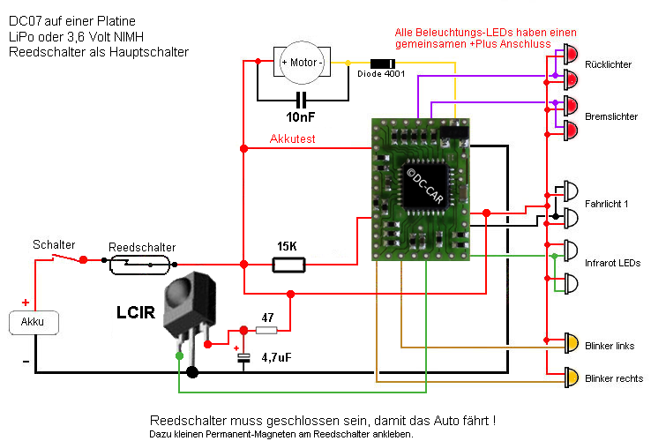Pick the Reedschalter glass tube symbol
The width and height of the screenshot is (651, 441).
click(142, 263)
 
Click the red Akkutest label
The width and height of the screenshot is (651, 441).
click(293, 139)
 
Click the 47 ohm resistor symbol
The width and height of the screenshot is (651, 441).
click(266, 330)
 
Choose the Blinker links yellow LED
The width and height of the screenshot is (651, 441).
click(571, 343)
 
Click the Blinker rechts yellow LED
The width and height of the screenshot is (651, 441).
click(571, 377)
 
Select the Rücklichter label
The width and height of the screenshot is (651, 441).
click(608, 65)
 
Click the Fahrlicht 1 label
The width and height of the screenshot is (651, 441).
click(606, 206)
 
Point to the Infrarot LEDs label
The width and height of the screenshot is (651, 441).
click(611, 263)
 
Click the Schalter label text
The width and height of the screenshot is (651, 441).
click(54, 244)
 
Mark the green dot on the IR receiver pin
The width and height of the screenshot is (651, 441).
click(179, 356)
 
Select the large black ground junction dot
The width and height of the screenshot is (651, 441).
click(192, 372)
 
